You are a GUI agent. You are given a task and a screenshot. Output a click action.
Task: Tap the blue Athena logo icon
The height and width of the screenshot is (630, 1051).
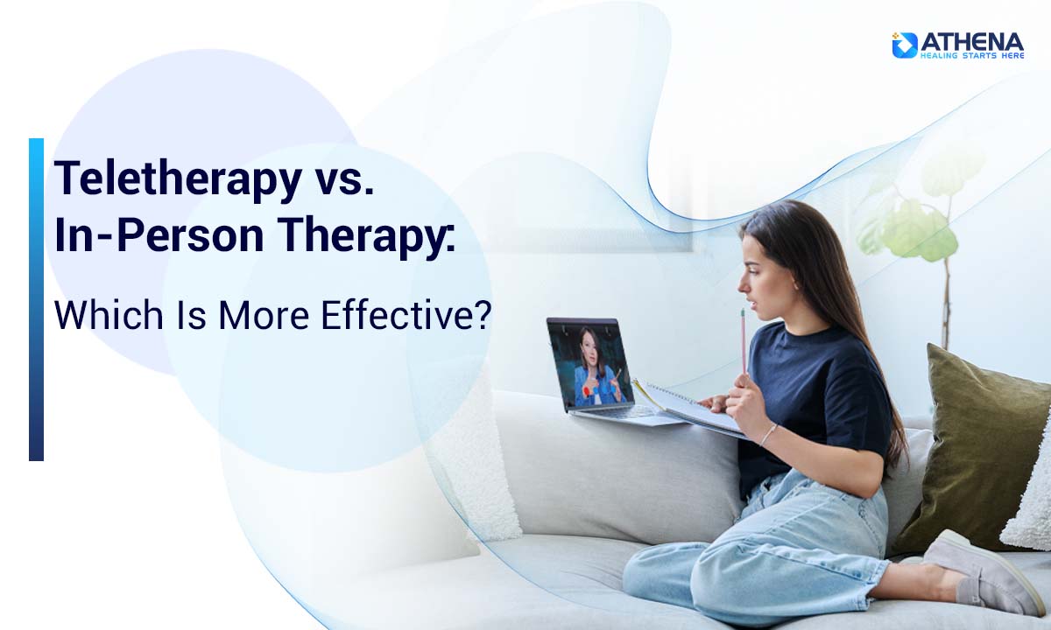(905, 45)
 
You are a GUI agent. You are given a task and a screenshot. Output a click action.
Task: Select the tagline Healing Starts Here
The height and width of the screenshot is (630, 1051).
(971, 54)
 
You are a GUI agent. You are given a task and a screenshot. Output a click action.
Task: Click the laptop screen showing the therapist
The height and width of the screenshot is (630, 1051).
(591, 361)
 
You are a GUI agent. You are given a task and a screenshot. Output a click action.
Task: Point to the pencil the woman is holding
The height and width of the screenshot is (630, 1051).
(744, 341)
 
